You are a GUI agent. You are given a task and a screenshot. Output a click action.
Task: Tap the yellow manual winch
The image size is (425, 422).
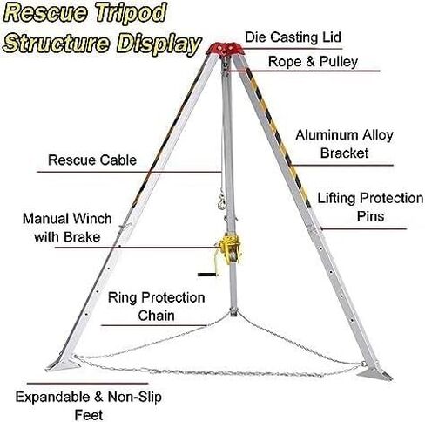tap(230, 248)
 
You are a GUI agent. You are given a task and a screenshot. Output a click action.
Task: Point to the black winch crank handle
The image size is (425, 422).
tap(207, 275)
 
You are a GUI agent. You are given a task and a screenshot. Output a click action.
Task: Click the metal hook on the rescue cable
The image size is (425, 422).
tap(222, 201)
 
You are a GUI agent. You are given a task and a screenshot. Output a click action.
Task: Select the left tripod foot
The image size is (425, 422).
tap(63, 364)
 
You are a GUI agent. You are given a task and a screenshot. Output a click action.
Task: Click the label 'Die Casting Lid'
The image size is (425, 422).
tap(293, 37)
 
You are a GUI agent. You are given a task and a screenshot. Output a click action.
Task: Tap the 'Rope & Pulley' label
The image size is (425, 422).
tap(313, 62)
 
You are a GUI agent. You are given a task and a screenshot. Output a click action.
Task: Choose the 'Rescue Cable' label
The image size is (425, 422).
tap(92, 160)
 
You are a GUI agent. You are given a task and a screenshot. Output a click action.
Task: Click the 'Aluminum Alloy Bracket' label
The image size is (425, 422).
tap(344, 144)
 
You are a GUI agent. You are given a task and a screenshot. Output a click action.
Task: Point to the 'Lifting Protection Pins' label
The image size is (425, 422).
tap(370, 207)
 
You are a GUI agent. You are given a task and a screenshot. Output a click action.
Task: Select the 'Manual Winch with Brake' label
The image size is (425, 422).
tap(67, 228)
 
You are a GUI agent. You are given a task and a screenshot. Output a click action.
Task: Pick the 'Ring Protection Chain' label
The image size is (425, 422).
tap(157, 306)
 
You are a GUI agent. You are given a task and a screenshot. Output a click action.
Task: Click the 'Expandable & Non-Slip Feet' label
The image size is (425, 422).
tap(89, 406)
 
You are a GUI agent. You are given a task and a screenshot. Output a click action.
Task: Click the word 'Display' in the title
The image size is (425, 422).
tap(159, 44)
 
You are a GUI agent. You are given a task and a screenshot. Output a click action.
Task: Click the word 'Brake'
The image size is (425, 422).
tap(82, 236)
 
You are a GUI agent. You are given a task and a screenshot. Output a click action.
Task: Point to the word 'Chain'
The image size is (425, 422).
tap(156, 316)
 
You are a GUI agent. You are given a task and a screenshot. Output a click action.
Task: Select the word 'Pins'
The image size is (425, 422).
tap(370, 216)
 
